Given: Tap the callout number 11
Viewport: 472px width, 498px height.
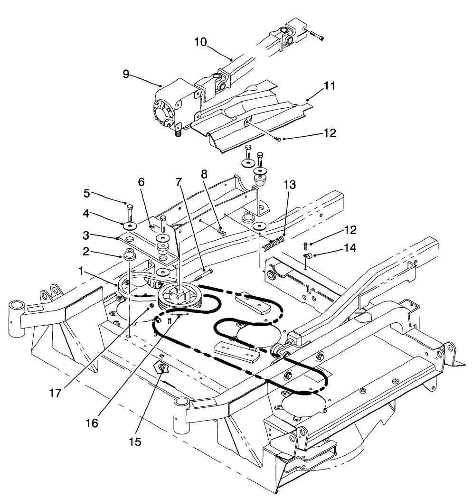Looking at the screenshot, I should pos(330,86).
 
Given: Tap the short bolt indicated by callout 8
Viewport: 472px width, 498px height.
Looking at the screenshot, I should pos(221,232).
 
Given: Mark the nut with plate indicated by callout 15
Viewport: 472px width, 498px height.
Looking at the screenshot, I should pos(162,367).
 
